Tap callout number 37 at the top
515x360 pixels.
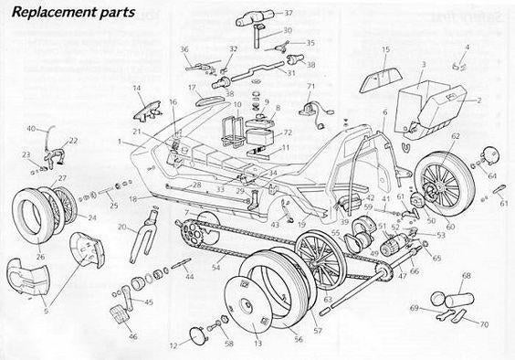[289, 14]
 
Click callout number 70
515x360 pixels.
[484, 323]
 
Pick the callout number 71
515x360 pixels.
[311, 87]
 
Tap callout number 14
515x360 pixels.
[137, 89]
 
